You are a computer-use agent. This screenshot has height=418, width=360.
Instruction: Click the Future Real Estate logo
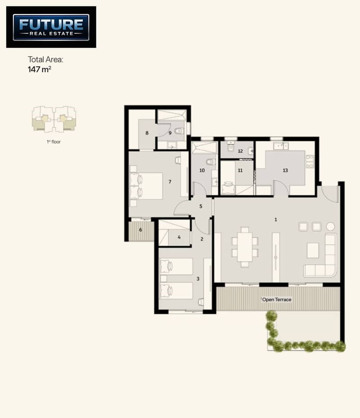tap(51, 27)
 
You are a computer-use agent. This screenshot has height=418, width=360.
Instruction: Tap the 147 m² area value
tap(40, 69)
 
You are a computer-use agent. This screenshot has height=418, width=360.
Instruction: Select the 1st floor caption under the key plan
tap(54, 142)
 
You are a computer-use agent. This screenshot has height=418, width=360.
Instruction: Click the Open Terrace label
tap(277, 300)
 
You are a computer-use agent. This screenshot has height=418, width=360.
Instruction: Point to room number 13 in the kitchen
tap(285, 170)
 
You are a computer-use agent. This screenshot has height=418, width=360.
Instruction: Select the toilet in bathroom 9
tap(179, 131)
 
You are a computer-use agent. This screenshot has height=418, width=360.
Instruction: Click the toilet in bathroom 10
tap(211, 161)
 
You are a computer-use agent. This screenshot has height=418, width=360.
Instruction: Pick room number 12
tap(240, 151)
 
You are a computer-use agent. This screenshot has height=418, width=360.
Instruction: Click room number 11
tap(240, 170)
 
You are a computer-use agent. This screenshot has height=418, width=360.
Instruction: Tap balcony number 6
tap(141, 230)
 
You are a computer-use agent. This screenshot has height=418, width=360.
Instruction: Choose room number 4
tap(179, 237)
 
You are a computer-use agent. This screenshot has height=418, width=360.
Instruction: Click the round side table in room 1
tap(330, 227)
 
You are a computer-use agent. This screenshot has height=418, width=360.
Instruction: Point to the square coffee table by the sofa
tap(313, 250)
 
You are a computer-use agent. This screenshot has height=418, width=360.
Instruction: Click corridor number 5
tap(201, 207)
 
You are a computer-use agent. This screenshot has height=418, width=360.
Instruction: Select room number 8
tap(147, 133)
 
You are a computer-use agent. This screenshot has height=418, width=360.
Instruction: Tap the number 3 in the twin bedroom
tap(198, 279)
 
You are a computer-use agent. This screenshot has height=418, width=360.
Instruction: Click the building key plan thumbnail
tap(54, 119)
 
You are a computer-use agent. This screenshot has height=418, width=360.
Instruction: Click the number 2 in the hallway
tap(202, 239)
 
